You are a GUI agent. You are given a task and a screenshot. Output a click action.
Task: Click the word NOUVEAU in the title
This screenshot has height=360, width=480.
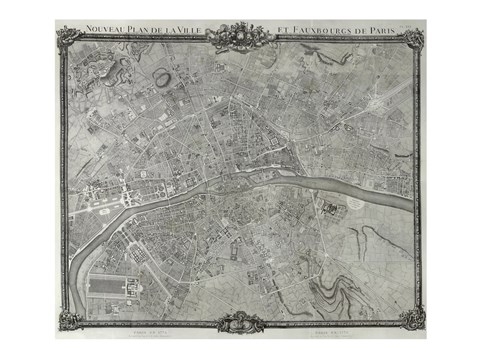pyautogui.click(x=105, y=31)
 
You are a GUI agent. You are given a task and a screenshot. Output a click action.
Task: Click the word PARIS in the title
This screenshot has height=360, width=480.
pyautogui.click(x=377, y=31)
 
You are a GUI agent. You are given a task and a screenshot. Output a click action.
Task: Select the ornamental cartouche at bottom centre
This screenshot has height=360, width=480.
pyautogui.click(x=240, y=322)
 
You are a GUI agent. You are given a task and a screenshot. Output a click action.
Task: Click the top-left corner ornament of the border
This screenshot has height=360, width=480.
pyautogui.click(x=68, y=38)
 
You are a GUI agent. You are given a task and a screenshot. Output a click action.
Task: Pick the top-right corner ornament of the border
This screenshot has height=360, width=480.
pyautogui.click(x=413, y=38)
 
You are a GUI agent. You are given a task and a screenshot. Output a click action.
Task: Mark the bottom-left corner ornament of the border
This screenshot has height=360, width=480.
pyautogui.click(x=68, y=320)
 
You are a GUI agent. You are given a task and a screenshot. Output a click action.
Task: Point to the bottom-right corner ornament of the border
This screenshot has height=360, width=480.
pyautogui.click(x=412, y=319)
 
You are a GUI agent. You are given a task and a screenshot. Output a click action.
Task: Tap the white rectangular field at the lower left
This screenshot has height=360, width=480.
pyautogui.click(x=109, y=287)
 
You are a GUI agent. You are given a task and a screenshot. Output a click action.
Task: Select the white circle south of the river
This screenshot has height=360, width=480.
pyautogui.click(x=357, y=204)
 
